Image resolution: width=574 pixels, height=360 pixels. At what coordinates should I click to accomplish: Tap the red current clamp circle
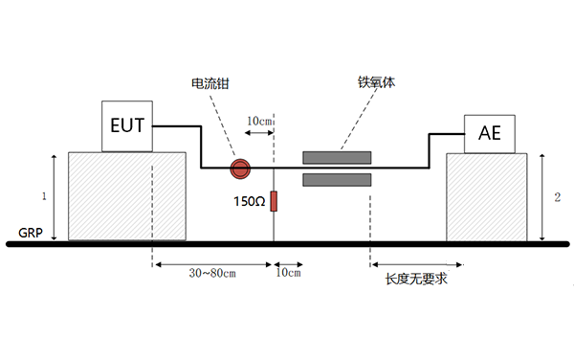[239, 169]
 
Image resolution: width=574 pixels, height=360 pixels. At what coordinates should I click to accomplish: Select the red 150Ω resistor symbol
[274, 201]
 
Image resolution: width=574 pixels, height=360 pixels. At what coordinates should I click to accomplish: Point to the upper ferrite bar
[337, 157]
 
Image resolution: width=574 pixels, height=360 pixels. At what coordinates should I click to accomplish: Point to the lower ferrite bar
[337, 180]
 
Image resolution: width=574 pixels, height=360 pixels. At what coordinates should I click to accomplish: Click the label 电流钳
[210, 84]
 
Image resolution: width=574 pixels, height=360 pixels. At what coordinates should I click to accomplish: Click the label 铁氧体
[376, 83]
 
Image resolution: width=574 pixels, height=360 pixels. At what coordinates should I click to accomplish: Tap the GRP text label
[31, 233]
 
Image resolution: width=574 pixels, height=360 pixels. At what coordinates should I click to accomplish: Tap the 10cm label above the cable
[260, 122]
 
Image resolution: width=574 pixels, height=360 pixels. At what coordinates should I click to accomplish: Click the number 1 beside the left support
[42, 196]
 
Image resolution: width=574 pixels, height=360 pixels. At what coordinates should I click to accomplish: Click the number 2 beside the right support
[557, 196]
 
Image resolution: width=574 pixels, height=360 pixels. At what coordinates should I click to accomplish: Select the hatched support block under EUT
[126, 195]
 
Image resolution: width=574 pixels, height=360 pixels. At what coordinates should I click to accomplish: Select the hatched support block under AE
[487, 197]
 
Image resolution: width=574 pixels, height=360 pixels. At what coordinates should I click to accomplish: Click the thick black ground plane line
[287, 244]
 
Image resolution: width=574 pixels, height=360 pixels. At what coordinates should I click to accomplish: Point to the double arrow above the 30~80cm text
[212, 263]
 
